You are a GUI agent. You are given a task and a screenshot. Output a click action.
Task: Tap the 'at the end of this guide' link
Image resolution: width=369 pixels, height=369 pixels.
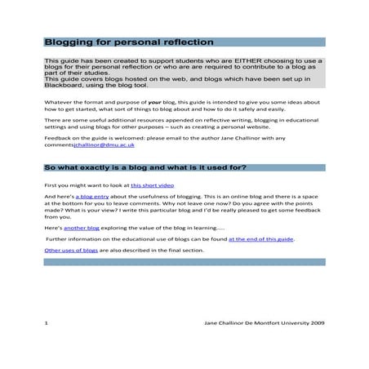tap(260, 239)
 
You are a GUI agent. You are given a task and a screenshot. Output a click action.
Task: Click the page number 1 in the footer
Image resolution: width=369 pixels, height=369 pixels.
tap(47, 324)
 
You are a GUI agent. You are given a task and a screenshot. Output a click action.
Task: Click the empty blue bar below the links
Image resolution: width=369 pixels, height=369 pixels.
tap(184, 262)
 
